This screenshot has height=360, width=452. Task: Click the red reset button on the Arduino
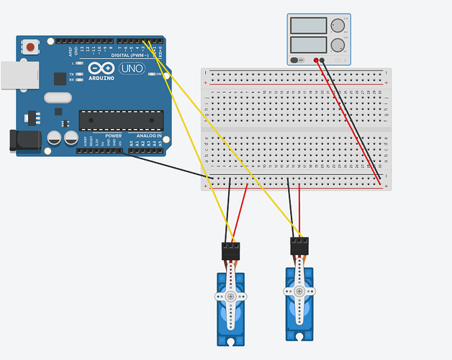[x=30, y=48]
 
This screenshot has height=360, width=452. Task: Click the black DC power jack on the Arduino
[x=23, y=140]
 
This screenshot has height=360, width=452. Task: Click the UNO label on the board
[x=132, y=68]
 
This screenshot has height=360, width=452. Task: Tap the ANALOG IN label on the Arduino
[x=147, y=135]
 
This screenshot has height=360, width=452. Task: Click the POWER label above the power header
[x=114, y=135]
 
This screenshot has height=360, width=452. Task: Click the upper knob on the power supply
[x=338, y=26]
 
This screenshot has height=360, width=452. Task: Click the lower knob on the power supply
[x=338, y=45]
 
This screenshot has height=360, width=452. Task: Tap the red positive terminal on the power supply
[x=316, y=60]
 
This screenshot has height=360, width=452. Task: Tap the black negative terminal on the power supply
[x=323, y=60]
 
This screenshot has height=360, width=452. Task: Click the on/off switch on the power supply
[x=297, y=60]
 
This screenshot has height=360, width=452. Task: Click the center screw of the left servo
[x=230, y=296]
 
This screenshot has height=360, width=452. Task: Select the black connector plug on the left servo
[x=230, y=251]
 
